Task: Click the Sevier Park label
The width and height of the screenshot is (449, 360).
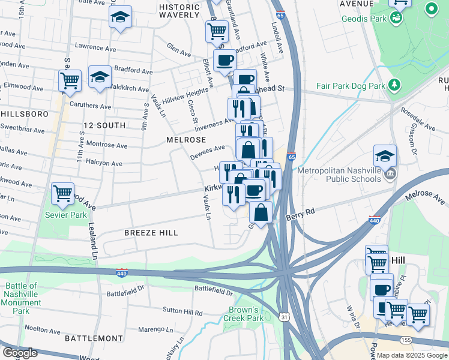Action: (62, 215)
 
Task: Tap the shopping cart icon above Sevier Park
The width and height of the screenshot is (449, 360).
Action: (62, 193)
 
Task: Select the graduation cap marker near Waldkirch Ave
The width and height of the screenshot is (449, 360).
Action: (100, 77)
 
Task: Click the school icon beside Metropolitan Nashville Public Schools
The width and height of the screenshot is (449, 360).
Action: (385, 156)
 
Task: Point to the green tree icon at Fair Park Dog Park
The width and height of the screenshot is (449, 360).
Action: (394, 85)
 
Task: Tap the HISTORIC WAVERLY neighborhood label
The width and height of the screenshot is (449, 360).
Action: (179, 10)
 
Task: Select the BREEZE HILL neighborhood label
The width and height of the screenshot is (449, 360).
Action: (151, 232)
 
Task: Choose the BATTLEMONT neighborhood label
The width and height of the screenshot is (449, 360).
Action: (89, 338)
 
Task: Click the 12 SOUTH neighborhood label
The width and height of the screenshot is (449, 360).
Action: (104, 125)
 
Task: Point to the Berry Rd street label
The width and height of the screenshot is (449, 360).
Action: (300, 215)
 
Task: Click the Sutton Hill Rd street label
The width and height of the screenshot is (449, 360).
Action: (183, 311)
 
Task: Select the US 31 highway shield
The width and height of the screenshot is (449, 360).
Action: (284, 316)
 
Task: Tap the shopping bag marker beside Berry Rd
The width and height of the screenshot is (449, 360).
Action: (261, 212)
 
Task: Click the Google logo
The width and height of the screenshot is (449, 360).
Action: (19, 352)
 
